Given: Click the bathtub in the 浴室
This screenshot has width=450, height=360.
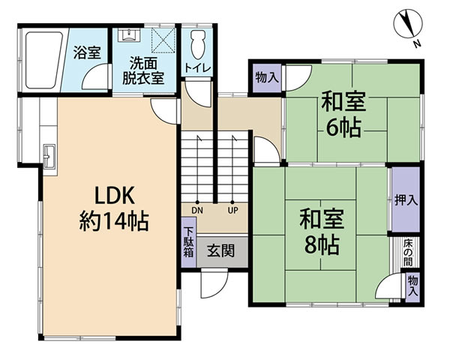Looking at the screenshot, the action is (43, 60).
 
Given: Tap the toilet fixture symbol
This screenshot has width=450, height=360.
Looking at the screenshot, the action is (198, 44).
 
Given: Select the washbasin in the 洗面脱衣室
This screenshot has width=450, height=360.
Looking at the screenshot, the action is (129, 34).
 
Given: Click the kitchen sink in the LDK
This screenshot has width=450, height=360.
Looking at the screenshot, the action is (49, 157).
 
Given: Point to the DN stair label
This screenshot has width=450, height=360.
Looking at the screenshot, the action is (197, 211).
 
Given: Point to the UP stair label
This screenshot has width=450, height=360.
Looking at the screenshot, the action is (232, 211).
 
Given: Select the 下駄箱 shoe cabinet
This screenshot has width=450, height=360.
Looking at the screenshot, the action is (189, 242).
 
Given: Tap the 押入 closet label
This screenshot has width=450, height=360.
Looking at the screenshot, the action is (406, 200).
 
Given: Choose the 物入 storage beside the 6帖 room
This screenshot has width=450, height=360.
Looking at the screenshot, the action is (267, 77).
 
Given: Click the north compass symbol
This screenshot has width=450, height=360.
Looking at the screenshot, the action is (408, 24).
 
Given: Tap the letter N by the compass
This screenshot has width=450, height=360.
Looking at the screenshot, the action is (417, 44).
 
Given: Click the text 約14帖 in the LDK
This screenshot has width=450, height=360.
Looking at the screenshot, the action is (114, 222).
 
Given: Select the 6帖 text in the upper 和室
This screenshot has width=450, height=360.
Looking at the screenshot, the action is (343, 128).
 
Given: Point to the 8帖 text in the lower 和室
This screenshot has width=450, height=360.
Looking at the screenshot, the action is (322, 245).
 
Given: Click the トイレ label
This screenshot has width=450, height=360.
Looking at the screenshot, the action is (198, 68).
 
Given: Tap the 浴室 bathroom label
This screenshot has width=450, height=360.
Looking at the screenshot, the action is (87, 52).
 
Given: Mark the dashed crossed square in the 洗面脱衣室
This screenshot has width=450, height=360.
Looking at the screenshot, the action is (163, 40).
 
